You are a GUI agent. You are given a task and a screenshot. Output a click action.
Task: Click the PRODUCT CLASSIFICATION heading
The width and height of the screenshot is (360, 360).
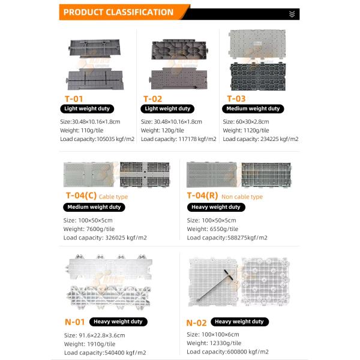118,12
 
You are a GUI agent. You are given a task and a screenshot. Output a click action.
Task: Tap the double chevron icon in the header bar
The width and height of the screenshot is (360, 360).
292,13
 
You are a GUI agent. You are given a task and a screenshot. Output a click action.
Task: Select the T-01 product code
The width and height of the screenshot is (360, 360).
74,98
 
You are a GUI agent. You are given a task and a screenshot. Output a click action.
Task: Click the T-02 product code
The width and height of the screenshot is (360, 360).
153,98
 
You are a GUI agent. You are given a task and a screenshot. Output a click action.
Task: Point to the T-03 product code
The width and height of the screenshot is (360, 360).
236,98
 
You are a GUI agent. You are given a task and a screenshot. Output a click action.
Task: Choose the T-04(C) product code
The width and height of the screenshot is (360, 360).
80,196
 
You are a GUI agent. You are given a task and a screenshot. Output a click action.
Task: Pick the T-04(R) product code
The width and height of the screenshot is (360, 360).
202,196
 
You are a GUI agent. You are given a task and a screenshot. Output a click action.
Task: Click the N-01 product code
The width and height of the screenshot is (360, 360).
74,321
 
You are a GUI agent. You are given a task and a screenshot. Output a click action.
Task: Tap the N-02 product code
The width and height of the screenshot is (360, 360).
196,322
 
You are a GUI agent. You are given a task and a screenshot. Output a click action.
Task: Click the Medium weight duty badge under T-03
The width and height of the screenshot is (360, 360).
252,109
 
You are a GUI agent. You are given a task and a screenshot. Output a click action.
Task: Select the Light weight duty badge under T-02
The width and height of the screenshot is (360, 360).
168,109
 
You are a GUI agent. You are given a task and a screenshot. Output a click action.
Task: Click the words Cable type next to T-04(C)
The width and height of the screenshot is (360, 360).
113,196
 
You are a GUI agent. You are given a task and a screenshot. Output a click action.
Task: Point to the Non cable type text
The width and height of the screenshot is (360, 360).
242,196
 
